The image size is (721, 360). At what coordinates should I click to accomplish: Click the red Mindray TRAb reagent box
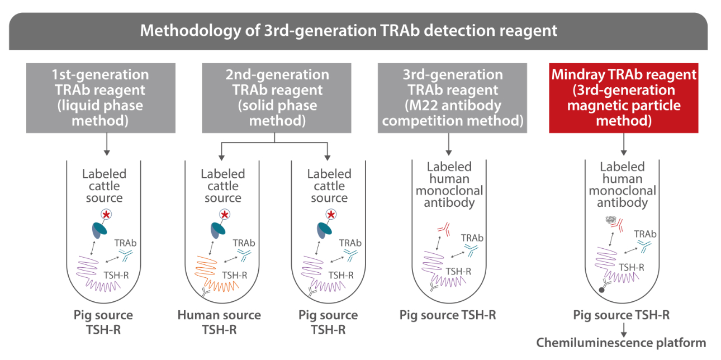click(623, 98)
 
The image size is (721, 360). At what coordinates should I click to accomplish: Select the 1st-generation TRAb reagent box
click(101, 98)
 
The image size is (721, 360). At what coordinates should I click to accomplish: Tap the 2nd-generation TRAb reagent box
click(276, 98)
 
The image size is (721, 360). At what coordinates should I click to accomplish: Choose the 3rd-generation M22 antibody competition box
click(452, 98)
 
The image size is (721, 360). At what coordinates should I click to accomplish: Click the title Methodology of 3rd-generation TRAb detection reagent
click(348, 30)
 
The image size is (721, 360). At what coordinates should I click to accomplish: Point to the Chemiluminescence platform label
click(621, 342)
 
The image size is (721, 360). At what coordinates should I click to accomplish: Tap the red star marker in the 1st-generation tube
click(106, 214)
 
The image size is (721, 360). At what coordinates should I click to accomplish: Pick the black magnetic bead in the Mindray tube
click(601, 290)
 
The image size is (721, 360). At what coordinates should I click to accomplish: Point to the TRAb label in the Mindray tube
click(645, 234)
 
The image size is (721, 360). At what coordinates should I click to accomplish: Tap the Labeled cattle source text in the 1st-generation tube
click(104, 186)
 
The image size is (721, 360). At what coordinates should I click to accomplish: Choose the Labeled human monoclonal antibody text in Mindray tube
click(622, 185)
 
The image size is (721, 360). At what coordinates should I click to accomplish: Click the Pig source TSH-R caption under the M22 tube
click(448, 315)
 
